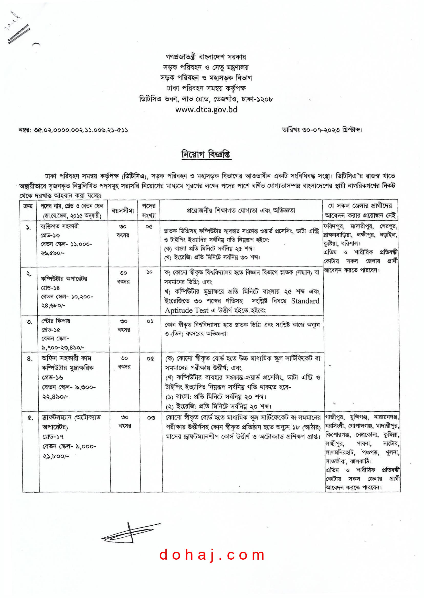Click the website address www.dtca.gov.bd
pos(206,109)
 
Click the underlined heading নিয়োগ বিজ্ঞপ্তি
pos(206,154)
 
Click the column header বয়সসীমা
pos(123,211)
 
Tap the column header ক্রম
pos(28,206)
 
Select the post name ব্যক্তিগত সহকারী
pos(59,226)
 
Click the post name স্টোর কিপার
pos(56,321)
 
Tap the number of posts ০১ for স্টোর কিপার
pos(150,321)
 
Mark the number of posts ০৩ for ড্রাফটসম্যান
pos(151,418)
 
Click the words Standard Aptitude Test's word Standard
pos(305,301)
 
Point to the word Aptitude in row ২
pos(178,310)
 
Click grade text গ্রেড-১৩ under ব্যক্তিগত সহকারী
pos(50,235)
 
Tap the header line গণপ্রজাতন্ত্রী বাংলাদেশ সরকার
pos(206,57)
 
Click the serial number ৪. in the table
pos(30,359)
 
